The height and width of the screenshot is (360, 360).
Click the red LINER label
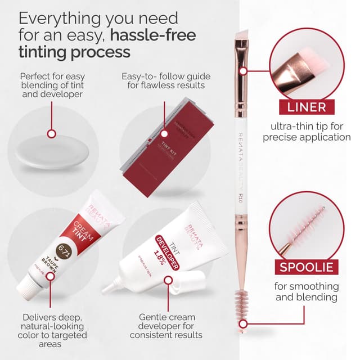click(x=305, y=107)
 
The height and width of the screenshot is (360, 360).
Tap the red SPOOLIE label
click(x=305, y=267)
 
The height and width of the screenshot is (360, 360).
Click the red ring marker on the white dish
click(x=52, y=134)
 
